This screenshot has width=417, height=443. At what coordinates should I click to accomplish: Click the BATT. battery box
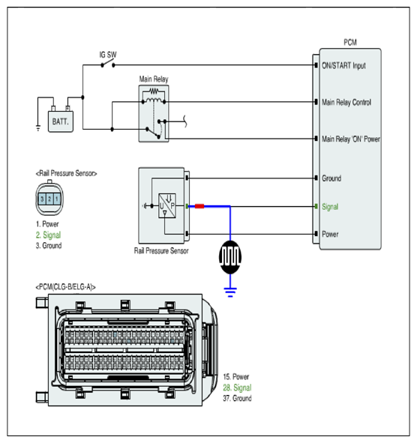click(x=61, y=121)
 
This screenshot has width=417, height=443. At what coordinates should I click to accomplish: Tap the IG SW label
click(x=108, y=55)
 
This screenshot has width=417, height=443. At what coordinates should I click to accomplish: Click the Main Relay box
click(x=154, y=113)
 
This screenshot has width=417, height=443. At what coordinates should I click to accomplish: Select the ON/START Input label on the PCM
click(x=343, y=65)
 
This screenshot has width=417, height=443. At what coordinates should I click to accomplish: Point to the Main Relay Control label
click(x=346, y=102)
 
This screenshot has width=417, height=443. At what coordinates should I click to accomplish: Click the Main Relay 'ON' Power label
click(x=351, y=139)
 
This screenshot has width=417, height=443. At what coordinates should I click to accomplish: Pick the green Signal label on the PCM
click(x=330, y=207)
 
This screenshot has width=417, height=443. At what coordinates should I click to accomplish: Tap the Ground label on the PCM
click(x=331, y=178)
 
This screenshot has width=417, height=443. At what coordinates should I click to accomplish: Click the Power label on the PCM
click(x=330, y=234)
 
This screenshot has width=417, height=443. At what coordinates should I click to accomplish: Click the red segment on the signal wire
click(x=199, y=206)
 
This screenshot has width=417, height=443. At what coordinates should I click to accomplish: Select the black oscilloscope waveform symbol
click(x=230, y=257)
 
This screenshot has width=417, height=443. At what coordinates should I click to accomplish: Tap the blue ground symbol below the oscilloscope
click(x=230, y=292)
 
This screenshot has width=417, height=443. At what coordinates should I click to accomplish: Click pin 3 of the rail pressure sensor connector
click(x=42, y=199)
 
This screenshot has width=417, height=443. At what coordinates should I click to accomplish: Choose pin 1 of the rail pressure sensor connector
click(x=57, y=199)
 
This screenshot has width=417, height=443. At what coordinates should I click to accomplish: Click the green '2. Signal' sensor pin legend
click(x=48, y=235)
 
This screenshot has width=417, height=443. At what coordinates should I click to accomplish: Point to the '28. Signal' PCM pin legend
click(x=237, y=388)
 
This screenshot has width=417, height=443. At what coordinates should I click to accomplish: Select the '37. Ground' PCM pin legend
click(x=237, y=398)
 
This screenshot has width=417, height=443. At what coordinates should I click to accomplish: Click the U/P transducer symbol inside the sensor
click(x=167, y=205)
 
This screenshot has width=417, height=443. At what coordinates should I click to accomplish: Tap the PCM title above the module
click(x=350, y=43)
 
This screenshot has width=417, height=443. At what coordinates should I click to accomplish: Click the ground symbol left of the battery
click(x=38, y=127)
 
